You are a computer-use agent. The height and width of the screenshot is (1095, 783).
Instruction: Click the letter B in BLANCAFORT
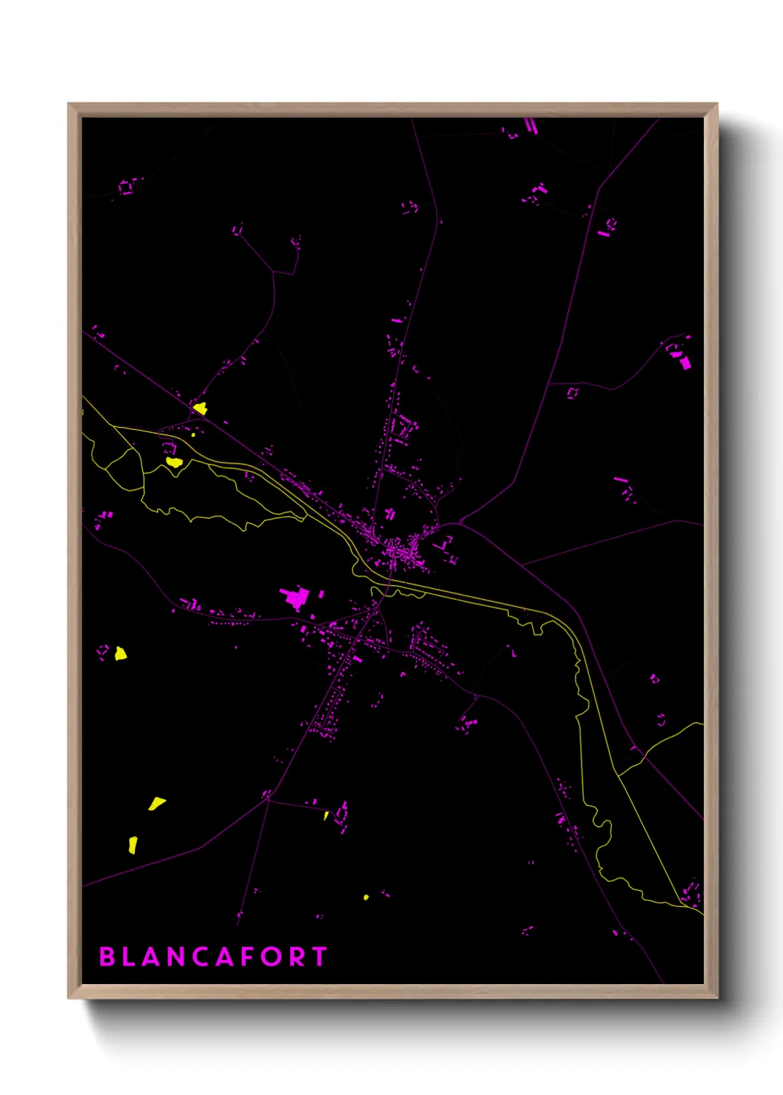coord(107,957)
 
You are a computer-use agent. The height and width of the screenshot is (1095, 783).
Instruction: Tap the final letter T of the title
coord(319,957)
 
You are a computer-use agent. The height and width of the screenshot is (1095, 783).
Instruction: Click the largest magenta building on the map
coord(295,596)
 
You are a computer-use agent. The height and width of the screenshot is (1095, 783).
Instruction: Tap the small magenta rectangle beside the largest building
coord(322,593)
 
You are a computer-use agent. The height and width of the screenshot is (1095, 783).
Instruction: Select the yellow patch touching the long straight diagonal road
coord(200,408)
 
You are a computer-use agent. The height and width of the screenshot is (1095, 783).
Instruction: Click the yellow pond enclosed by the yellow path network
coord(174,462)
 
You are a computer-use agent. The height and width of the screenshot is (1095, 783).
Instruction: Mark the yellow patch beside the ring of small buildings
coord(120,653)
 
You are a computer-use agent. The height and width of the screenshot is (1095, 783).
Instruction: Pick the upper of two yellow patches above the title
coord(156,803)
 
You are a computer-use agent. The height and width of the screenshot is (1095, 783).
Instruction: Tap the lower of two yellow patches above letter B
coord(133,844)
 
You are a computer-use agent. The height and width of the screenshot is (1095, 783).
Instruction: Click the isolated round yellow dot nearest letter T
coord(366,897)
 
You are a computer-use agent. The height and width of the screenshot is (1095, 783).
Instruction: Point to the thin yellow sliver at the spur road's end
coord(326,815)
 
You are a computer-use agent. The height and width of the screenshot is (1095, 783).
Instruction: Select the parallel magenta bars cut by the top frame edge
coord(531,126)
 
